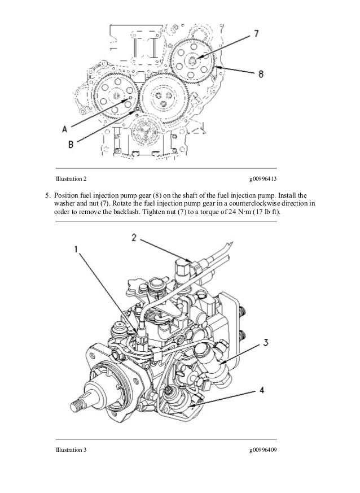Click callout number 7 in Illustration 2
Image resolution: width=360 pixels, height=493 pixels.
point(256,34)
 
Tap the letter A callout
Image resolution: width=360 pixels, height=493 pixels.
point(64,128)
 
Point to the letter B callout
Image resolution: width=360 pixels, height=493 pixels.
point(70,145)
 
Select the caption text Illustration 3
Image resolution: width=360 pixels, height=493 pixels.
point(71,451)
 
